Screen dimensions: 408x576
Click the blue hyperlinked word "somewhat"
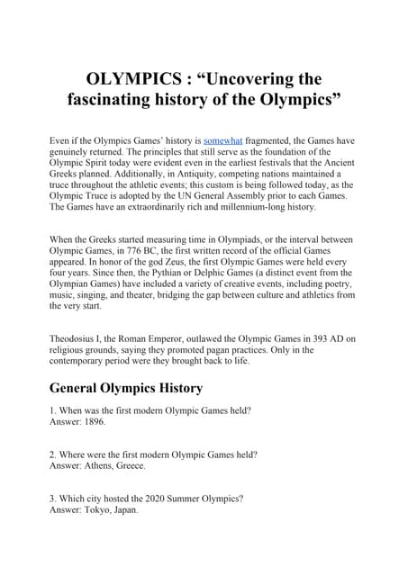(226, 141)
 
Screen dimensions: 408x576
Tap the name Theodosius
(78, 337)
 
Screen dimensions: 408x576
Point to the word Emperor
(181, 337)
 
